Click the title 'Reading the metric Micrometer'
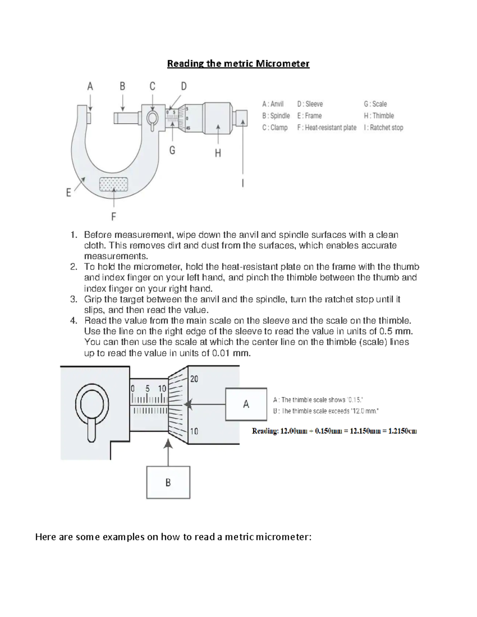coord(238,64)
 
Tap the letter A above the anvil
coord(90,86)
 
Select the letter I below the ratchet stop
coord(243,183)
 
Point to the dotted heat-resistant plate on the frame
coord(114,184)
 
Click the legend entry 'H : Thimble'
coord(379,116)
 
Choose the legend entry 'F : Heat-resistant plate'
coord(327,128)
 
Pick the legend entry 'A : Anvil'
coord(273,104)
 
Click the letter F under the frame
coord(114,217)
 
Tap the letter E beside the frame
coord(69,193)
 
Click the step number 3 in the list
coord(74,299)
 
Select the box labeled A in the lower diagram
coord(246,404)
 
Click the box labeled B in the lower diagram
coord(168,482)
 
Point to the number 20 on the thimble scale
coord(194,379)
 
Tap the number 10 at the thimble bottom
coord(194,431)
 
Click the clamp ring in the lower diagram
coord(92,404)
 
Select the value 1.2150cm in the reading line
coord(402,431)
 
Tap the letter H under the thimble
coord(218,153)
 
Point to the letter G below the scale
coord(172,150)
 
